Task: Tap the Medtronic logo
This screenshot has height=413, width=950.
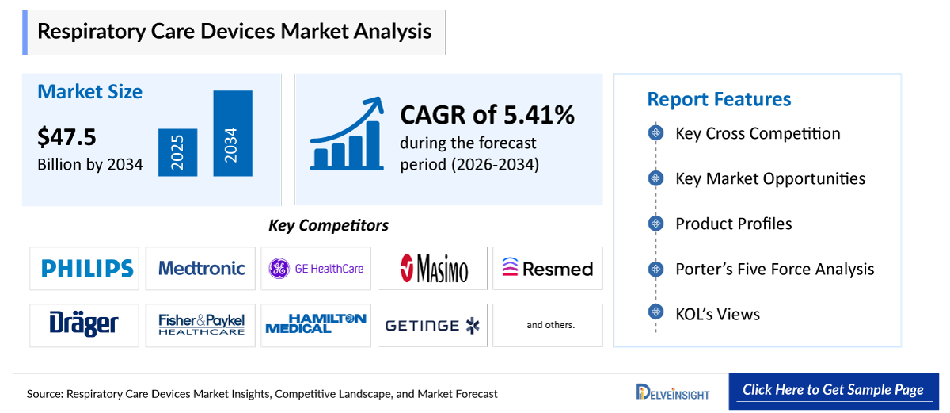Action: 201,269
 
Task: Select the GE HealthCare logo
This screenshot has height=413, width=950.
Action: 316,269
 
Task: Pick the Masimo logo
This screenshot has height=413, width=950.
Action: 433,269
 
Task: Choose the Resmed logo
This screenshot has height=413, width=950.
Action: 547,269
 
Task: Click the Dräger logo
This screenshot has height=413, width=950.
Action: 85,325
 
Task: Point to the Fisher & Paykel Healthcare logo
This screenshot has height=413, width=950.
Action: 201,325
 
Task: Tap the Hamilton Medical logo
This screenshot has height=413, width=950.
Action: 316,325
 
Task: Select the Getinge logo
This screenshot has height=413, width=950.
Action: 433,325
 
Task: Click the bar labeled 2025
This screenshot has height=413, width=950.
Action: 177,152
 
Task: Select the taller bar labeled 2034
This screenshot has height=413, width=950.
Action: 232,134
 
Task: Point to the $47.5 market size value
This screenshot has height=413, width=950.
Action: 66,137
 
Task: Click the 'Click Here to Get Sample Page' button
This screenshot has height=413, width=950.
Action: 833,390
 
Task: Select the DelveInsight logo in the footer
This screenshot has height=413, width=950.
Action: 673,392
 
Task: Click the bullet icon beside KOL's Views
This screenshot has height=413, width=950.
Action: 655,313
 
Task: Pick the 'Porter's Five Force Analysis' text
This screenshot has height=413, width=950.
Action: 774,269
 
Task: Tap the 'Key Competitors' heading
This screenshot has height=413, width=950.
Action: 329,226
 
